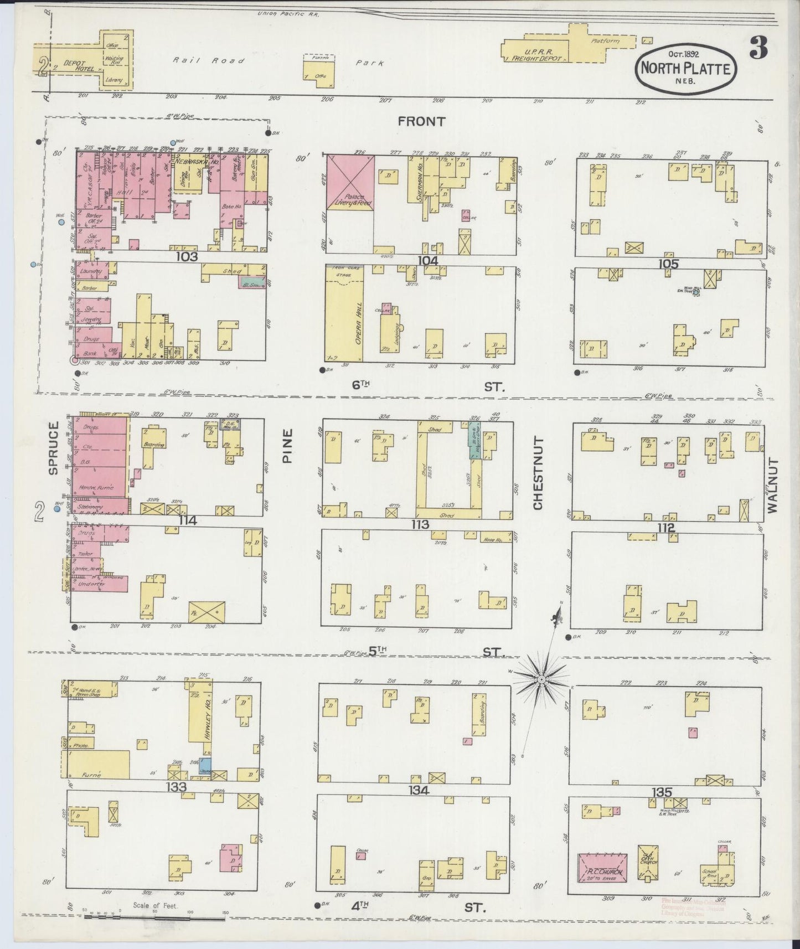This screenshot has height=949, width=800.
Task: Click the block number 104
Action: coord(428,260)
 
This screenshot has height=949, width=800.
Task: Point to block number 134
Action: coord(419,790)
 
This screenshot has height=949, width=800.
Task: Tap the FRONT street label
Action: coord(421,122)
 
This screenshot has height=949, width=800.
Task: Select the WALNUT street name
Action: coord(772,486)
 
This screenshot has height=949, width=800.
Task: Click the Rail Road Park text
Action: coord(277,62)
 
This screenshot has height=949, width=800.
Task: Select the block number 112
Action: coord(666,528)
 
